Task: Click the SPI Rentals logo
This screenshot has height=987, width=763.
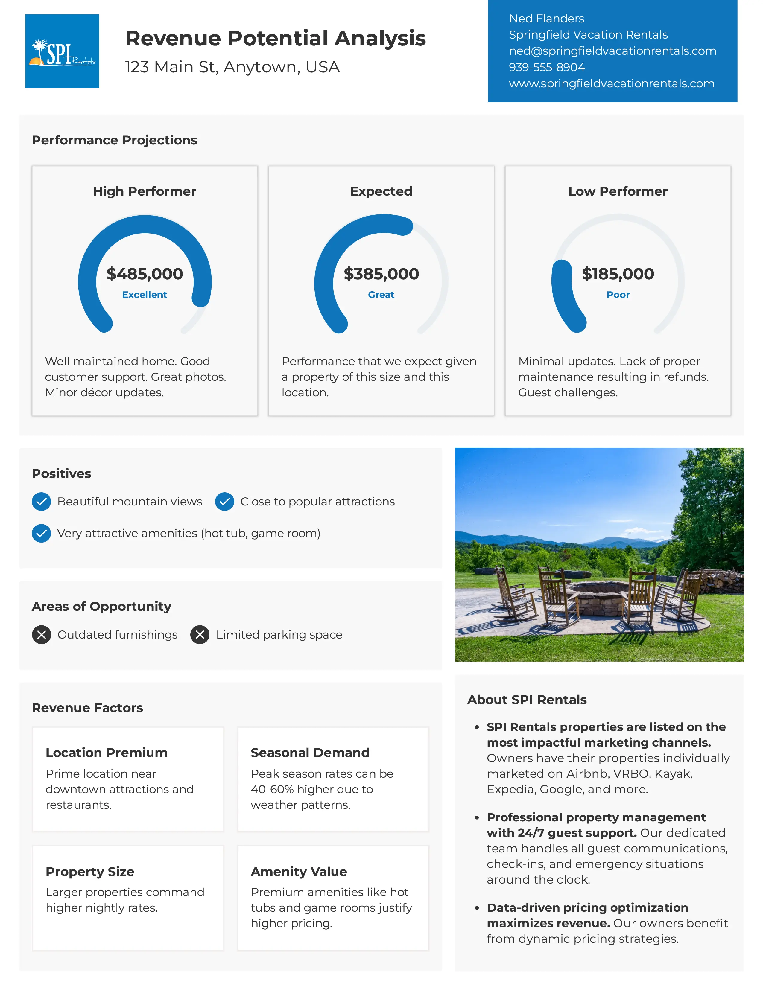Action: pos(62,51)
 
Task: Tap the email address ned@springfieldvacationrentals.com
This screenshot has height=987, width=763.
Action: pos(612,51)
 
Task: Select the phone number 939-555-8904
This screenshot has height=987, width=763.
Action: pos(546,67)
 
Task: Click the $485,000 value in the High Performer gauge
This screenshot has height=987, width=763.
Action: pos(145,274)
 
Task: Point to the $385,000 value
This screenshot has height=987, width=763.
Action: pos(381,274)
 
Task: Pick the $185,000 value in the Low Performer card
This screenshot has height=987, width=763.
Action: pos(618,274)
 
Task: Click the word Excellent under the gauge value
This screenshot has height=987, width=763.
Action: pos(145,295)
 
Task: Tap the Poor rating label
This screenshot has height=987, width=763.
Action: pos(618,295)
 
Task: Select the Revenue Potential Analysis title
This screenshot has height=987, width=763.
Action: pos(275,38)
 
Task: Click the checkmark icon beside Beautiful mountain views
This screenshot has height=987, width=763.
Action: pos(41,502)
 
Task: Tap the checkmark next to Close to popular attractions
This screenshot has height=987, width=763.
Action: pos(224,502)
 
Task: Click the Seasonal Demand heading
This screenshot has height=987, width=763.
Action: pos(310,753)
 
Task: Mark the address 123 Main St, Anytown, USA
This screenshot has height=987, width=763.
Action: pos(232,67)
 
